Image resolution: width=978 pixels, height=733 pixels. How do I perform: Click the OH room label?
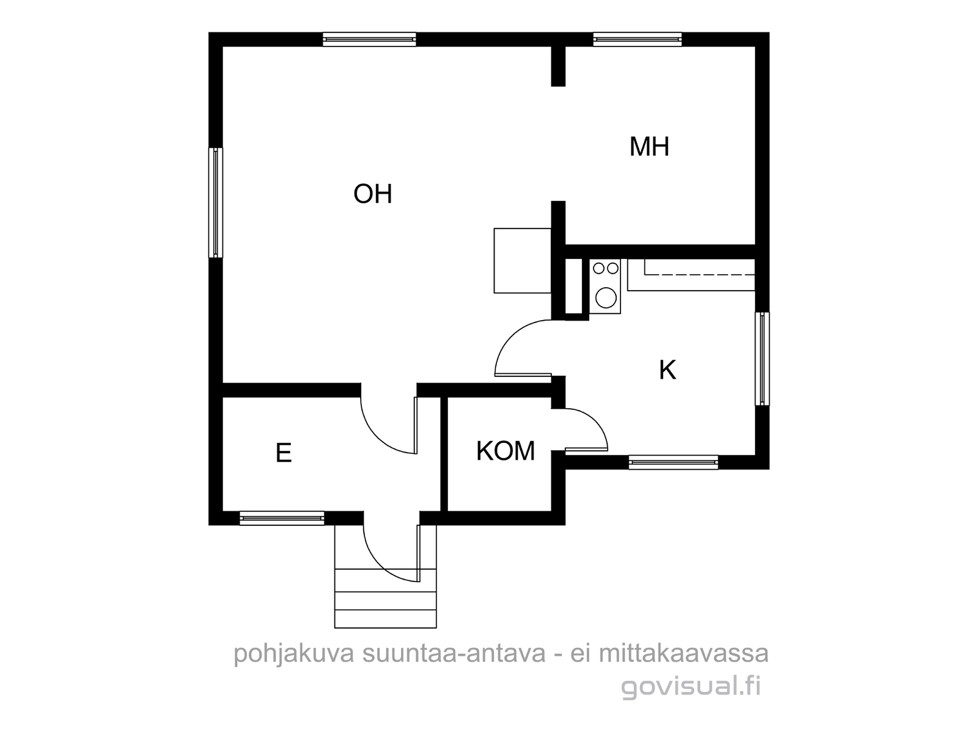pos(372,194)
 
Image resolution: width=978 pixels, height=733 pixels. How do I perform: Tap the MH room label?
pos(649,147)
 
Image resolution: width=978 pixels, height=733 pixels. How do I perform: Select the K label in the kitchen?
pos(667,370)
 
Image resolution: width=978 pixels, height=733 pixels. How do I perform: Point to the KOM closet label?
pos(506,451)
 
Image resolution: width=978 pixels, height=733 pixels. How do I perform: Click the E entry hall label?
pos(284,453)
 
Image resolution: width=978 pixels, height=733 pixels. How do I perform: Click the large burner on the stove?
pos(606,297)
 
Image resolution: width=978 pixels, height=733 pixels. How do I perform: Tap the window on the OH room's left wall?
pos(216,203)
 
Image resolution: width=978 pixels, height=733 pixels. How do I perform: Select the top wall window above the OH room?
pos(369,40)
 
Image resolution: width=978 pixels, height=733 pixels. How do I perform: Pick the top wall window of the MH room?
pos(637,40)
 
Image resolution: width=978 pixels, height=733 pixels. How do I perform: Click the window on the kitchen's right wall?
pos(762,359)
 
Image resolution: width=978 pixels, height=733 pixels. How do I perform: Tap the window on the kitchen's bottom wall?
pos(673,462)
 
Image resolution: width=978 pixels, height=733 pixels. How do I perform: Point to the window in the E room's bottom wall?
pos(282,518)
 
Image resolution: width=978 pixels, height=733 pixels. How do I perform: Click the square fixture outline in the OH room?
pos(522,261)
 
